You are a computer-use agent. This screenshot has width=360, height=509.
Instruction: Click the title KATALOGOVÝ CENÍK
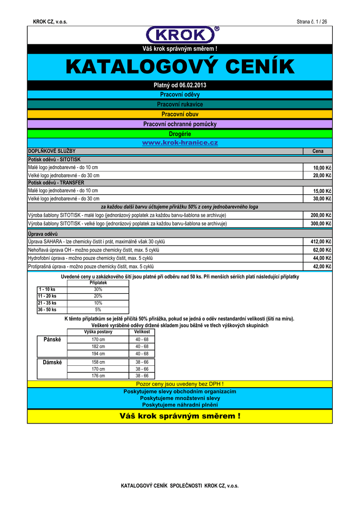tap(180, 67)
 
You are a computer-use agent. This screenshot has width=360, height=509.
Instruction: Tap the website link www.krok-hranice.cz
tap(180, 143)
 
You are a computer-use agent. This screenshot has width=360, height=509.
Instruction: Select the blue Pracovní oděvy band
tap(180, 94)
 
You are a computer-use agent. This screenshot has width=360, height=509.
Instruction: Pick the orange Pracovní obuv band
tap(180, 114)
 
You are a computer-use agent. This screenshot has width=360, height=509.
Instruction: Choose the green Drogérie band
tap(180, 134)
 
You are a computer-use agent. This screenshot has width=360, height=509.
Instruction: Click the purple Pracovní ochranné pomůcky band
tap(180, 124)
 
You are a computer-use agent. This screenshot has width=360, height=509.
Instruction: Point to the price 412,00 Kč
tap(321, 242)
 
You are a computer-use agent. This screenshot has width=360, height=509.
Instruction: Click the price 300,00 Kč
tap(321, 224)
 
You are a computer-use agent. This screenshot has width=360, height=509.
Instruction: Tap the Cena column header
tap(318, 151)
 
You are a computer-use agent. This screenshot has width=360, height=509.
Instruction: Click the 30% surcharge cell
tap(98, 289)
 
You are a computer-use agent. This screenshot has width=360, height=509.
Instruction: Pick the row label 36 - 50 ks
tap(47, 310)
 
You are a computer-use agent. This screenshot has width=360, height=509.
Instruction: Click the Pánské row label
tap(52, 339)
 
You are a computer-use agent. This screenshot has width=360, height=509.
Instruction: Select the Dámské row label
tap(52, 362)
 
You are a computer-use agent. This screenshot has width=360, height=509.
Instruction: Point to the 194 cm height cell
tap(98, 354)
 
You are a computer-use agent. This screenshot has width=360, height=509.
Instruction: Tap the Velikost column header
tap(142, 332)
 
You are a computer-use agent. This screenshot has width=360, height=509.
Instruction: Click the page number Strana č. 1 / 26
tap(312, 22)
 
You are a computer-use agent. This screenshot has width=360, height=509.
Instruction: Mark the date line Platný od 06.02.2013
tap(180, 85)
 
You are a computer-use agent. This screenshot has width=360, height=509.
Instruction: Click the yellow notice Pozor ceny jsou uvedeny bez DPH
tap(180, 384)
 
